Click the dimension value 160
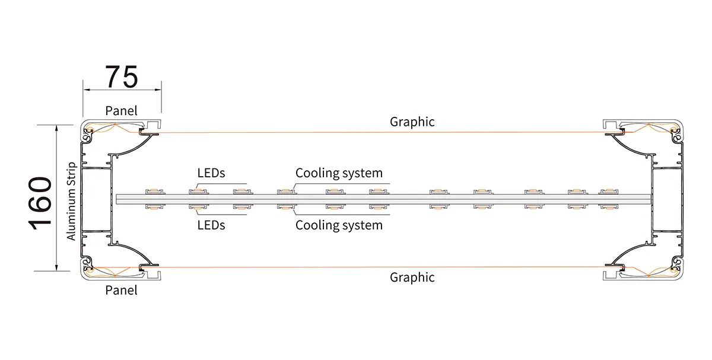(x=41, y=202)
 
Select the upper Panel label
(x=121, y=110)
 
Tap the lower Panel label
(x=121, y=290)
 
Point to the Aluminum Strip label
(x=72, y=201)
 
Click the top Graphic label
(x=412, y=122)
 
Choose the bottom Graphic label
(x=412, y=277)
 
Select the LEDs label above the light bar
(x=211, y=173)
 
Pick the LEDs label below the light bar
(x=211, y=225)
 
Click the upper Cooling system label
(x=339, y=173)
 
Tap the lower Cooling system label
(x=339, y=225)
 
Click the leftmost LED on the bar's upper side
(x=154, y=191)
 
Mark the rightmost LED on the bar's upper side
(x=608, y=191)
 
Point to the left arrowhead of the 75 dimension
(x=85, y=90)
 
